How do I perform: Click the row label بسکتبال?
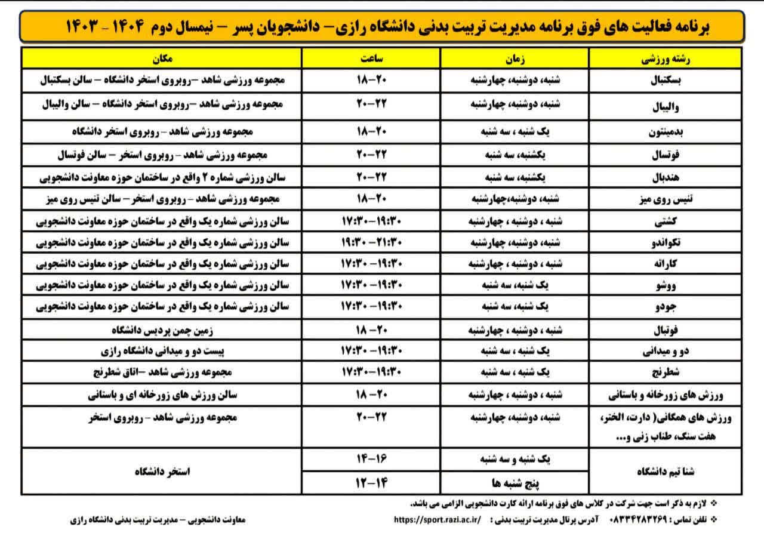(x=664, y=82)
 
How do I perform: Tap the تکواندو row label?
(x=664, y=245)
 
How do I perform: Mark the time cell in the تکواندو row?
(x=371, y=243)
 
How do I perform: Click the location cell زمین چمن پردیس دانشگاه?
(x=161, y=329)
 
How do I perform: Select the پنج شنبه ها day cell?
(x=514, y=482)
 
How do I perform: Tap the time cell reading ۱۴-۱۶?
(x=371, y=460)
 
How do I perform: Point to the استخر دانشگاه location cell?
(x=161, y=471)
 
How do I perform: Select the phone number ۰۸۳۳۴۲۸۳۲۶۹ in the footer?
(x=646, y=520)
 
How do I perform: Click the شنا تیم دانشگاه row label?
(x=664, y=471)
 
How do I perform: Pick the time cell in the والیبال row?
(x=371, y=104)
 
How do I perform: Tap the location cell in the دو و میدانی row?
(x=161, y=350)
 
